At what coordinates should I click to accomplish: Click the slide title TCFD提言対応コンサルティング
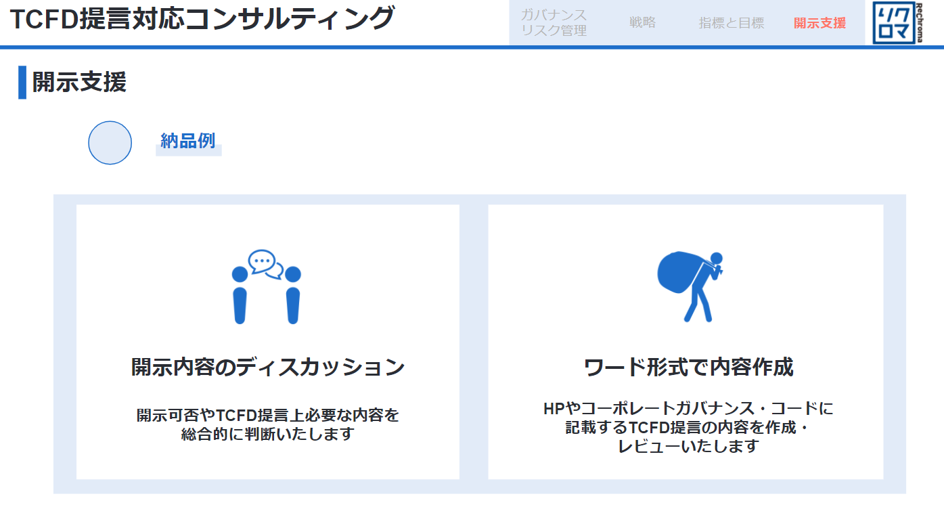[202, 19]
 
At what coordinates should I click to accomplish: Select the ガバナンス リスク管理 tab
[554, 23]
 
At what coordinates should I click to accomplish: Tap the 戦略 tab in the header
[643, 22]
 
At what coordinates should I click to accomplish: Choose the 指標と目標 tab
[732, 23]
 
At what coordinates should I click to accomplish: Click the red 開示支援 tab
[819, 23]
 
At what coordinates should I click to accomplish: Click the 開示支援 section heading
[79, 82]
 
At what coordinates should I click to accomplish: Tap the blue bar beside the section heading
[22, 82]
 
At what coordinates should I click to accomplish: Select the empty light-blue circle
[110, 143]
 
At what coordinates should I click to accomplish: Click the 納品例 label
[188, 141]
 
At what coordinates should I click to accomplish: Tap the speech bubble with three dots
[262, 261]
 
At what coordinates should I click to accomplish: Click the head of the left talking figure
[240, 274]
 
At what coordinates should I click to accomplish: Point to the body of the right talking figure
[293, 306]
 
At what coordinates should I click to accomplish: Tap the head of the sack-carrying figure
[717, 258]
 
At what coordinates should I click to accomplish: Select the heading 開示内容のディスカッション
[268, 367]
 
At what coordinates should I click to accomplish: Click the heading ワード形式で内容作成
[689, 367]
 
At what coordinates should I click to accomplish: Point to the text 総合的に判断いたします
[267, 434]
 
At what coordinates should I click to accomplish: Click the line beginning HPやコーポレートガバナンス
[689, 409]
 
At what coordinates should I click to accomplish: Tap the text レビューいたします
[689, 446]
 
